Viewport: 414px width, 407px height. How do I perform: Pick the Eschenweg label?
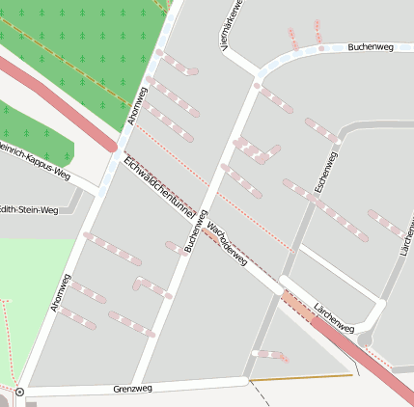(x=325, y=170)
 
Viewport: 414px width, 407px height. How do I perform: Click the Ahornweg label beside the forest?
(x=137, y=106)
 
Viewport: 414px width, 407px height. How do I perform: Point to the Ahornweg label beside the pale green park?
(x=60, y=292)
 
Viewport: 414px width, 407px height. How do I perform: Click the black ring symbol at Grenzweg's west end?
(x=19, y=393)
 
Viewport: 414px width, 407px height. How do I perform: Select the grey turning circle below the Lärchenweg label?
(x=364, y=339)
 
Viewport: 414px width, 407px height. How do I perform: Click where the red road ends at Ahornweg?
(x=114, y=148)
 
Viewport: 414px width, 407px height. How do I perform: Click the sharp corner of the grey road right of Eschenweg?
(x=341, y=126)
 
